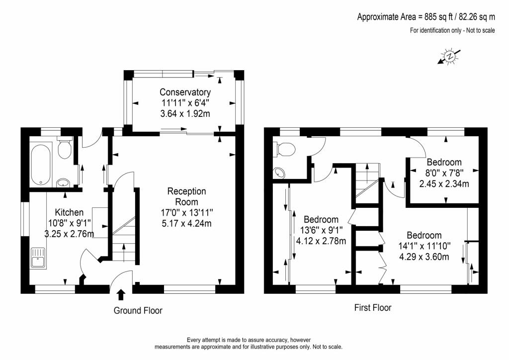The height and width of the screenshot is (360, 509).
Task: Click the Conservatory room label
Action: click(185, 92)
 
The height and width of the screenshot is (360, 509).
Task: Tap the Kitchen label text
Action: click(69, 212)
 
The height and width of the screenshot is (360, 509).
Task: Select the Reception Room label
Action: click(187, 196)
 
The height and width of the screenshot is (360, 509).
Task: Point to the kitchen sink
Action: click(38, 258)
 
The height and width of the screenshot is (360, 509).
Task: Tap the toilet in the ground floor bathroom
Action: click(65, 147)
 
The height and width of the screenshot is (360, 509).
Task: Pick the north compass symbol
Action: click(449, 57)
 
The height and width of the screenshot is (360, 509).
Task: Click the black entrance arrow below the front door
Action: click(121, 294)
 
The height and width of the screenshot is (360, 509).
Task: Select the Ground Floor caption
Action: click(138, 311)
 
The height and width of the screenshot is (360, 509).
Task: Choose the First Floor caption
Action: click(373, 308)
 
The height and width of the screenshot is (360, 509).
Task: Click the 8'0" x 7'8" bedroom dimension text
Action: click(444, 173)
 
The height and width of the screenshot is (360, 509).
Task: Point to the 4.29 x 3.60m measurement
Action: click(424, 257)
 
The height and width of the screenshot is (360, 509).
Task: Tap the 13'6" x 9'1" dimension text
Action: click(322, 230)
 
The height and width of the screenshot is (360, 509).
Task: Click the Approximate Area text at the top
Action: click(426, 16)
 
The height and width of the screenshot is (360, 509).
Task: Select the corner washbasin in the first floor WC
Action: click(279, 173)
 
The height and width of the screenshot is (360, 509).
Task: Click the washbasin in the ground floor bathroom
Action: click(63, 183)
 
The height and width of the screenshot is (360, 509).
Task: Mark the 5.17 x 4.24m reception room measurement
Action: click(187, 223)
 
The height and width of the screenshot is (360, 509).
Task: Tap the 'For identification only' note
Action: click(452, 30)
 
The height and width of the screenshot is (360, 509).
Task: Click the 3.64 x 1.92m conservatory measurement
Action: click(185, 113)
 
